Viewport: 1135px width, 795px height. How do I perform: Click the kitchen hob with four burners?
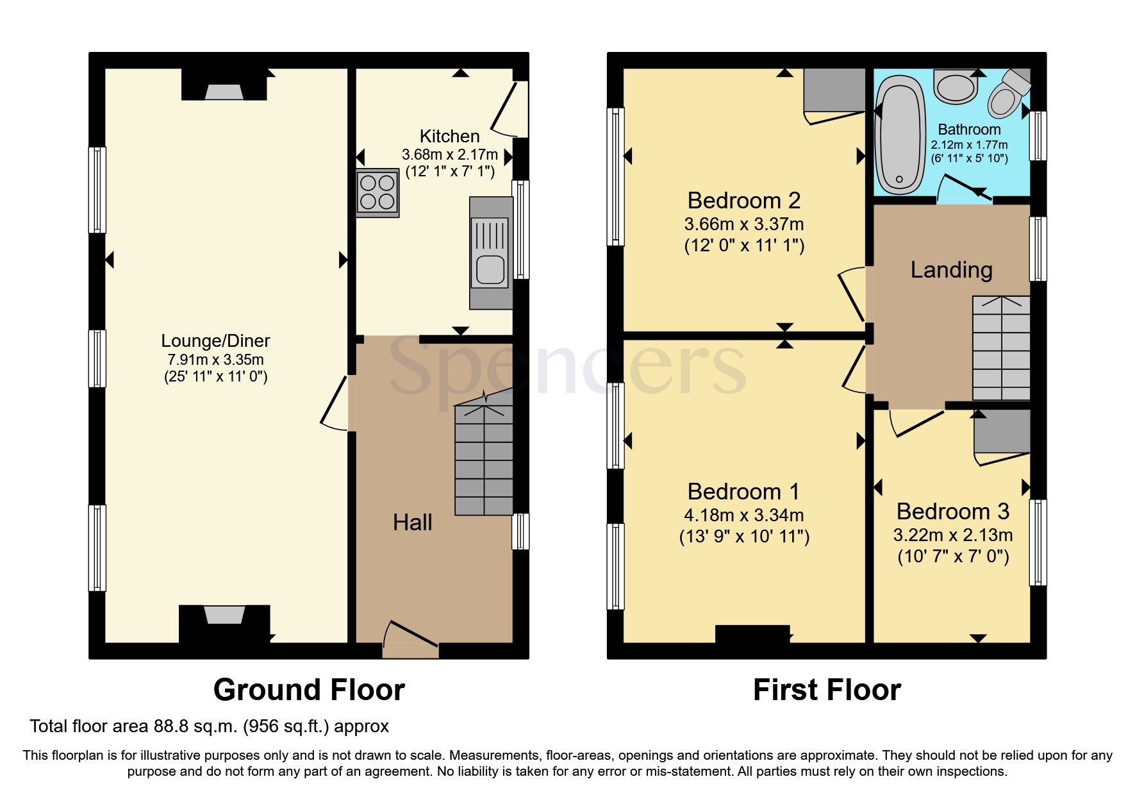pos(377,192)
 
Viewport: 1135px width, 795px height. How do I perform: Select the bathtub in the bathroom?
pos(900,136)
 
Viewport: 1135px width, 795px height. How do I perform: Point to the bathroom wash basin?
pos(955,87)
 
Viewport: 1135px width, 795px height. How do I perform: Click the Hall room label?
pos(412,523)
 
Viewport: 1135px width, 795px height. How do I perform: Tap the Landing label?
pos(951,270)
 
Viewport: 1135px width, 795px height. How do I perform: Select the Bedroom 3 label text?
pos(952,512)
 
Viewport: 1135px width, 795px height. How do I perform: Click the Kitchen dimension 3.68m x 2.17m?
pos(449,155)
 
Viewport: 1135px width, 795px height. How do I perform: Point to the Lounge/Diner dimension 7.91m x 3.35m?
pos(215,360)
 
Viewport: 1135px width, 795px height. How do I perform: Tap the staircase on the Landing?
pos(1001,348)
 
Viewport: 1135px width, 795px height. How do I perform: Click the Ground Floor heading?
pos(309,690)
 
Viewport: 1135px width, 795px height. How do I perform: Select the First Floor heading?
pos(827,690)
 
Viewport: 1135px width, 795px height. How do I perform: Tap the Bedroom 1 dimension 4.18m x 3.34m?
pos(743,515)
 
